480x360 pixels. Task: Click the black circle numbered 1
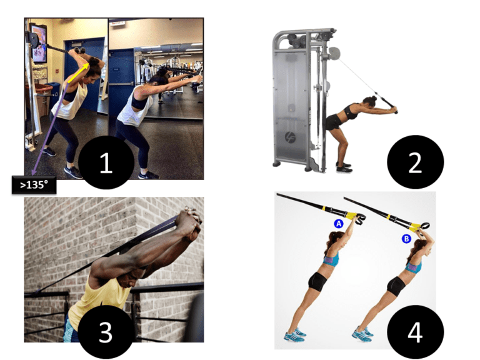[x=106, y=162]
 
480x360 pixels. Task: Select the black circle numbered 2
[x=415, y=162]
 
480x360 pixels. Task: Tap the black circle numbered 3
[x=106, y=332]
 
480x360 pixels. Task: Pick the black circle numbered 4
[x=415, y=332]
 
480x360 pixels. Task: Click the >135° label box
[x=34, y=185]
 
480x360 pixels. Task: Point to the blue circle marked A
[x=339, y=224]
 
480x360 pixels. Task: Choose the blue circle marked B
[x=406, y=239]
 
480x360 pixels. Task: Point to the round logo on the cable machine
[x=290, y=137]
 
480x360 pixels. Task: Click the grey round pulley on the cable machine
[x=334, y=53]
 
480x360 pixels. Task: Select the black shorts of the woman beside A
[x=317, y=282]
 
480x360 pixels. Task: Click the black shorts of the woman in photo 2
[x=334, y=122]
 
